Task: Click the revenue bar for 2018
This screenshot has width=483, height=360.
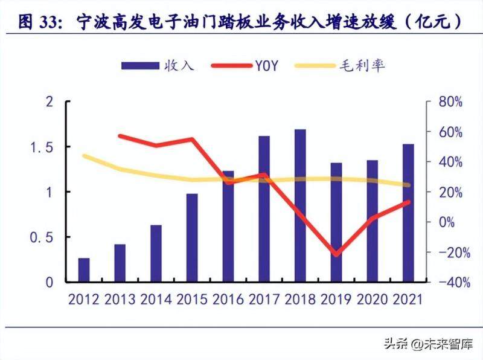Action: click(300, 205)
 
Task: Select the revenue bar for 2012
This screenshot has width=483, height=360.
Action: click(84, 270)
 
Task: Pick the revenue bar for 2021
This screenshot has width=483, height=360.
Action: click(408, 213)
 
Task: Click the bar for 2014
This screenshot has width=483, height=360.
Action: click(156, 253)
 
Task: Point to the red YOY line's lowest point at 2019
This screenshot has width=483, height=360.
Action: click(336, 254)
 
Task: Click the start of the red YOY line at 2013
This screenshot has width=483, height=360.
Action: click(120, 136)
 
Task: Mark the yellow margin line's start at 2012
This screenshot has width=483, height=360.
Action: click(84, 156)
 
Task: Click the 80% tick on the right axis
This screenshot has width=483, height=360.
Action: click(449, 102)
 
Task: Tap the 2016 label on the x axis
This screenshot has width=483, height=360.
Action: click(228, 299)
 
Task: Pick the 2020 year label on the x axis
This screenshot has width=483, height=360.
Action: click(373, 299)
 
